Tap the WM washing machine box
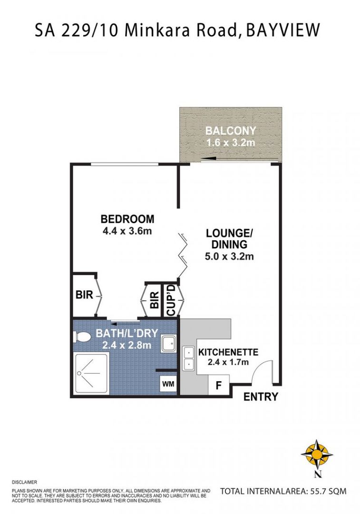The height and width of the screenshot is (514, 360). coord(168,384)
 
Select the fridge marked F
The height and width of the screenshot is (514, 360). coord(219,385)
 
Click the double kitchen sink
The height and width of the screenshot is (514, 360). coord(189,358)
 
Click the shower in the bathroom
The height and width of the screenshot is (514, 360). coord(91,374)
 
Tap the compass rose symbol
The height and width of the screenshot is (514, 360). coord(317,455)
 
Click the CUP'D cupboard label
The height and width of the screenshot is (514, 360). coord(172,301)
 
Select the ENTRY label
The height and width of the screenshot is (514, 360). coord(261,397)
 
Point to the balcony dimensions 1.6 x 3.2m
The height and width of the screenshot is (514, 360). coord(231,143)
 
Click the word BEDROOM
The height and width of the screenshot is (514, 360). coord(127,218)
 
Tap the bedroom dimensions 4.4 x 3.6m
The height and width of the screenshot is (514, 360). coord(127,231)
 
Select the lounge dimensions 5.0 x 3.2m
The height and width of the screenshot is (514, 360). coord(229,256)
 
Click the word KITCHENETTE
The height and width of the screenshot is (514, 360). coord(228,352)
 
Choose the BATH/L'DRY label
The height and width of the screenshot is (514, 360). coord(127,333)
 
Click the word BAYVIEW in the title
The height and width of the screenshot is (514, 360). coord(282,30)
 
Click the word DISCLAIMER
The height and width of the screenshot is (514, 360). coord(25,482)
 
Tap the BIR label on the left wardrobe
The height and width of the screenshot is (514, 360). coord(85,295)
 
